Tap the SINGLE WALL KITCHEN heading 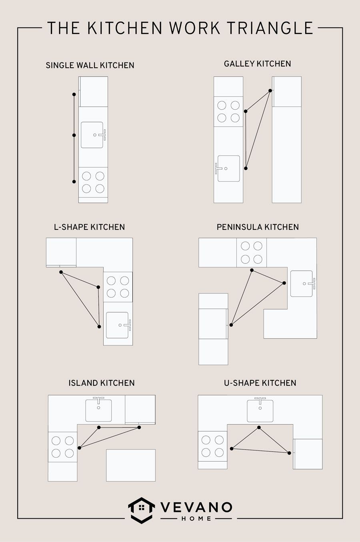[x=90, y=65]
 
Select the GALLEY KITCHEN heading [x=257, y=64]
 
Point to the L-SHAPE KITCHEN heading [x=90, y=227]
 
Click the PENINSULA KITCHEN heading [x=258, y=227]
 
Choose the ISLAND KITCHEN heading [x=102, y=383]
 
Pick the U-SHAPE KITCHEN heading [x=260, y=383]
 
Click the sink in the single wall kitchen [x=93, y=135]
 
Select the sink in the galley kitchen [x=228, y=169]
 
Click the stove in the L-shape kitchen [x=118, y=287]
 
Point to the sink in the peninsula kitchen [x=302, y=283]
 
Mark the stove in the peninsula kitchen [x=252, y=252]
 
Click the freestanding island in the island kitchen [x=131, y=465]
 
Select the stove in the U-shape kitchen [x=213, y=446]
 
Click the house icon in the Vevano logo [x=142, y=509]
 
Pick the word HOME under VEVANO [x=196, y=518]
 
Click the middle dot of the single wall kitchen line [x=74, y=135]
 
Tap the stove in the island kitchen [x=63, y=447]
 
